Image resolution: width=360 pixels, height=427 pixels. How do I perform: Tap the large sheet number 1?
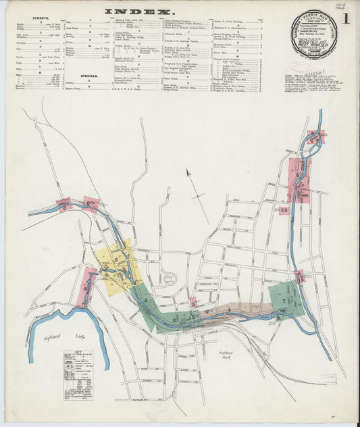(345, 18)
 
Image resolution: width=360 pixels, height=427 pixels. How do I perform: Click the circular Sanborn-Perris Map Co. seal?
(313, 33)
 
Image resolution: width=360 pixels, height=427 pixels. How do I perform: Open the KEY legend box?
(78, 376)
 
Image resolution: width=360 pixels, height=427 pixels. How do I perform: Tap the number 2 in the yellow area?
(116, 259)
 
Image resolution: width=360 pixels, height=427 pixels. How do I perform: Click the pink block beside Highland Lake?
(88, 288)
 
